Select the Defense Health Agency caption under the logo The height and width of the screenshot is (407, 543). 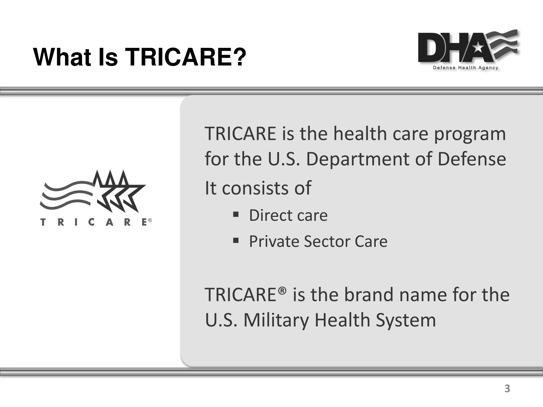click(x=466, y=68)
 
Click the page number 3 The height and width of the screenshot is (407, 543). click(x=507, y=389)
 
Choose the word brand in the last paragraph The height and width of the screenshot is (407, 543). click(x=369, y=294)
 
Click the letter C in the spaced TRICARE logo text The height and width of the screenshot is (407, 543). click(x=92, y=222)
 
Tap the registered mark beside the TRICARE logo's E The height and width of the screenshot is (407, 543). click(x=150, y=220)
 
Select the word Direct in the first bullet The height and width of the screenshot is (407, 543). click(x=270, y=215)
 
